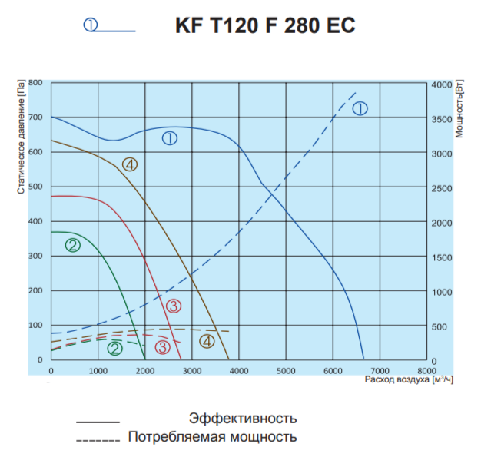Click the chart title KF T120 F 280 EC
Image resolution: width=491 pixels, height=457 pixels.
click(266, 25)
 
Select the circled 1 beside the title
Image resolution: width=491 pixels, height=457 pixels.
click(91, 25)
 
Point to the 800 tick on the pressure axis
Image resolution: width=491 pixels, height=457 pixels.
click(36, 82)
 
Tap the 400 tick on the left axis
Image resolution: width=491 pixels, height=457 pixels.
click(36, 221)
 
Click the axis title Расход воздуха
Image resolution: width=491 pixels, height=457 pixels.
click(397, 379)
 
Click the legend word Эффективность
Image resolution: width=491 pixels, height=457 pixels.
click(243, 419)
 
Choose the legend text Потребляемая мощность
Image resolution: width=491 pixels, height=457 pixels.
click(212, 437)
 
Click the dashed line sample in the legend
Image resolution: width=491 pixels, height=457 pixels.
click(98, 441)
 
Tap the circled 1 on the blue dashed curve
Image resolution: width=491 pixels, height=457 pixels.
click(360, 109)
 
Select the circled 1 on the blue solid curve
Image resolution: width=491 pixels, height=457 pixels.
click(170, 138)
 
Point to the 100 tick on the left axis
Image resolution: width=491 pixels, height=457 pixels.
click(36, 326)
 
